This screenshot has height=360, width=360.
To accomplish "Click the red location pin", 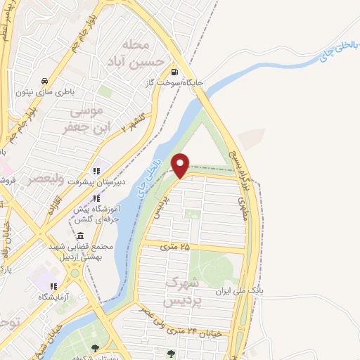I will tap(181, 165).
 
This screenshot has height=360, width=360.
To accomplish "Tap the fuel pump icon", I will tap(174, 72).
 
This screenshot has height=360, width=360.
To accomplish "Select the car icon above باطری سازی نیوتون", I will tap(45, 79).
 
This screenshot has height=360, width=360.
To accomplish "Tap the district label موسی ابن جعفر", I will tap(83, 119).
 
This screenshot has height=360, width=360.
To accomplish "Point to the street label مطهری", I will tap(242, 210).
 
